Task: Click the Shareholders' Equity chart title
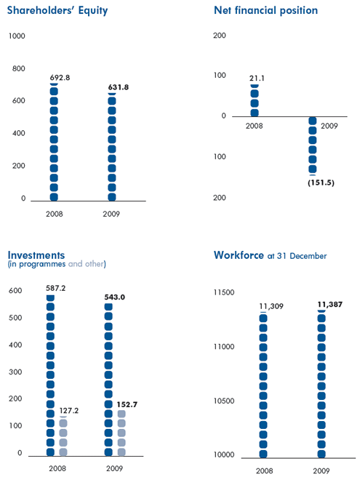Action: (57, 10)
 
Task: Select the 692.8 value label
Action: (60, 77)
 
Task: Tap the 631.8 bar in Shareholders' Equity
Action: (112, 147)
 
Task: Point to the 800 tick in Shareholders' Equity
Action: (19, 68)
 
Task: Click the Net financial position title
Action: (265, 10)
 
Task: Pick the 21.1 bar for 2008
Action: (255, 100)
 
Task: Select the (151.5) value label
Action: (321, 183)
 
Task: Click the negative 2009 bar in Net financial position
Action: (313, 146)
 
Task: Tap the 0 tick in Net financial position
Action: (223, 116)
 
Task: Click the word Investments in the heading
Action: (36, 255)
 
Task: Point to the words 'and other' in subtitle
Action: (86, 264)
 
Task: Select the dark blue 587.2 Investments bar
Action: (50, 375)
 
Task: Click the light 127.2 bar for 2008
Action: (63, 436)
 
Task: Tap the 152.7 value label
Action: (127, 404)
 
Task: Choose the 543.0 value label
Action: (115, 297)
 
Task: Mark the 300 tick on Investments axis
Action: (15, 372)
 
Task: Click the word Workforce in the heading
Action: (239, 255)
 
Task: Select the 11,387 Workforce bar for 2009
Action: (321, 384)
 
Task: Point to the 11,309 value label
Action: (271, 306)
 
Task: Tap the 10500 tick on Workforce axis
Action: (224, 401)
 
